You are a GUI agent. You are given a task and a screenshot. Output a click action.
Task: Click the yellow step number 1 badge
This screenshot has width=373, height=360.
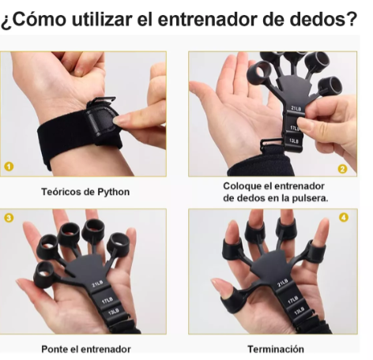click(x=9, y=167)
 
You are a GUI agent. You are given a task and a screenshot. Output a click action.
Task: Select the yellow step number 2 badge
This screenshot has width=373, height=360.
click(x=342, y=168)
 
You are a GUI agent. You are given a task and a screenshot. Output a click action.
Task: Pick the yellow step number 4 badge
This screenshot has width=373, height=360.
click(x=344, y=217)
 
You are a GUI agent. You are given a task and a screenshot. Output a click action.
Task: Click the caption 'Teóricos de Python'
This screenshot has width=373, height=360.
click(x=85, y=192)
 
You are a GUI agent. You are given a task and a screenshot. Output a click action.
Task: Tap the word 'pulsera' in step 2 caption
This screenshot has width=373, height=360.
click(x=308, y=198)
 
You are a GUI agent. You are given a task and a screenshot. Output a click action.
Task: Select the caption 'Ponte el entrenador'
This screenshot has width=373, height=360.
click(x=85, y=348)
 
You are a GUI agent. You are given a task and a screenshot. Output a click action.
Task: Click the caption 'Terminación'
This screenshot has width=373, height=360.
click(x=276, y=348)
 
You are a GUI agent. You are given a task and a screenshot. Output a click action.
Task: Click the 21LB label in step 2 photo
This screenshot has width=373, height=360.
click(x=297, y=108)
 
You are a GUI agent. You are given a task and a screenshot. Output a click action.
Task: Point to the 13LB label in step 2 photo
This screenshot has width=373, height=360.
click(x=293, y=140)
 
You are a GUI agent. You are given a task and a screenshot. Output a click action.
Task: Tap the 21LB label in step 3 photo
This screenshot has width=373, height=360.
click(x=99, y=283)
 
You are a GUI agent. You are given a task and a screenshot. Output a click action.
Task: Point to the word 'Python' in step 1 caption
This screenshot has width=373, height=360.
click(x=114, y=192)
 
